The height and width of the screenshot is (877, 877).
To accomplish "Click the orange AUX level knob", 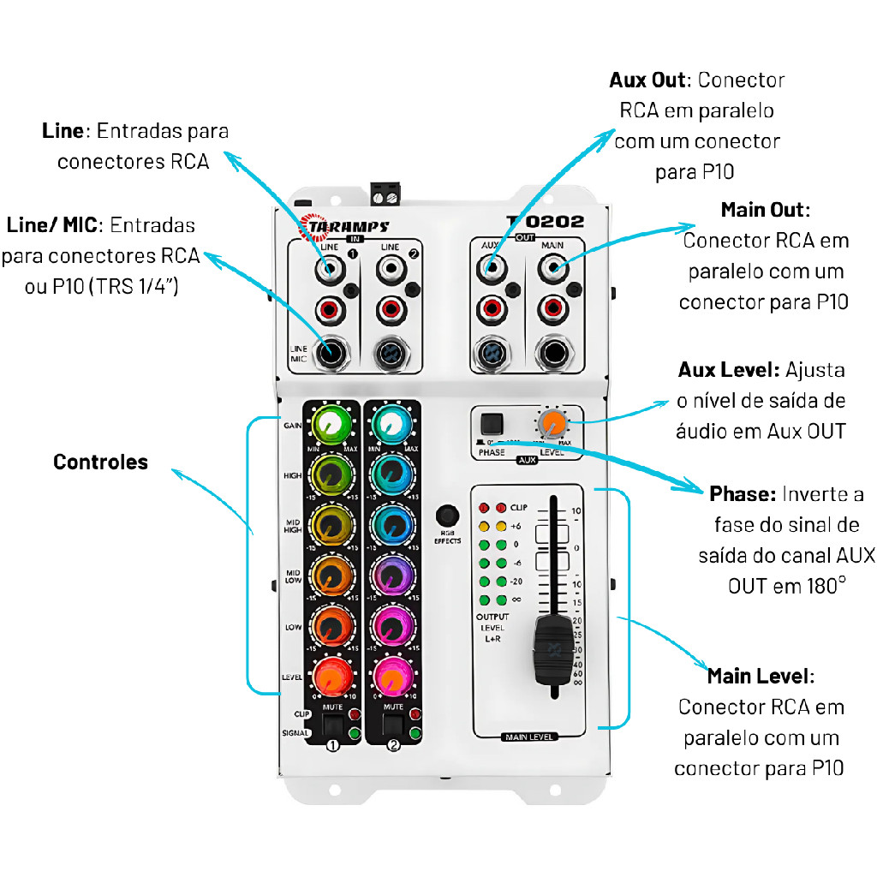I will click(x=552, y=421).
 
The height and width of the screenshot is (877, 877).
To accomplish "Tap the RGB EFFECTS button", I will click(x=446, y=516).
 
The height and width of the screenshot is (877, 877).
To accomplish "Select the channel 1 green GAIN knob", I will click(x=331, y=422).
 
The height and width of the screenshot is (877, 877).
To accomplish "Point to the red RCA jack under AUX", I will click(x=490, y=307).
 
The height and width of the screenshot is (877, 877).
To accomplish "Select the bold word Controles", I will click(x=100, y=462).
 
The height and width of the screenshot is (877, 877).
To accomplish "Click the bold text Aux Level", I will click(x=728, y=370).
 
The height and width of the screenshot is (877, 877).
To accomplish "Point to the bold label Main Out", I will click(x=765, y=210).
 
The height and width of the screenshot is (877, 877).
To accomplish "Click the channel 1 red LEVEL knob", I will click(x=331, y=677).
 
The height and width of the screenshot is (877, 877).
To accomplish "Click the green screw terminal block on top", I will click(x=385, y=194).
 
